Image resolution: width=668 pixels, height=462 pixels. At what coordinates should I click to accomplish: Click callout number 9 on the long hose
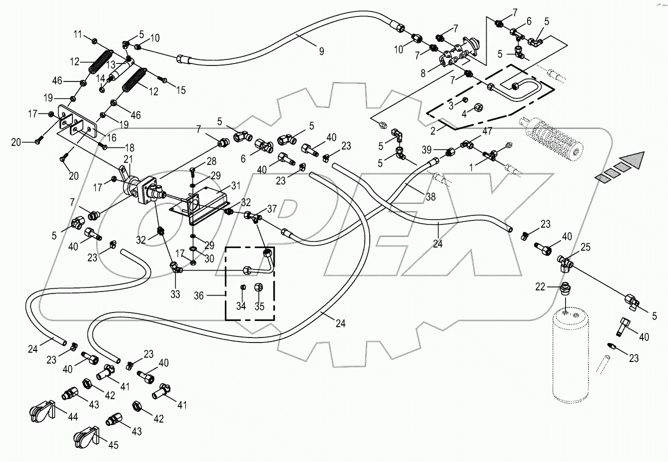[321, 50]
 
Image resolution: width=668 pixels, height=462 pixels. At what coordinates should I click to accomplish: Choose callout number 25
[586, 247]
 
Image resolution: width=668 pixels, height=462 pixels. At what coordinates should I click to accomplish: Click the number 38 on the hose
[430, 197]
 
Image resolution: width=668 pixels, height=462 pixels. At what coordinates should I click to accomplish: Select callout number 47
[487, 131]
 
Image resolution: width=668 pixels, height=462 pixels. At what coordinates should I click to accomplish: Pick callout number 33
[175, 294]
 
